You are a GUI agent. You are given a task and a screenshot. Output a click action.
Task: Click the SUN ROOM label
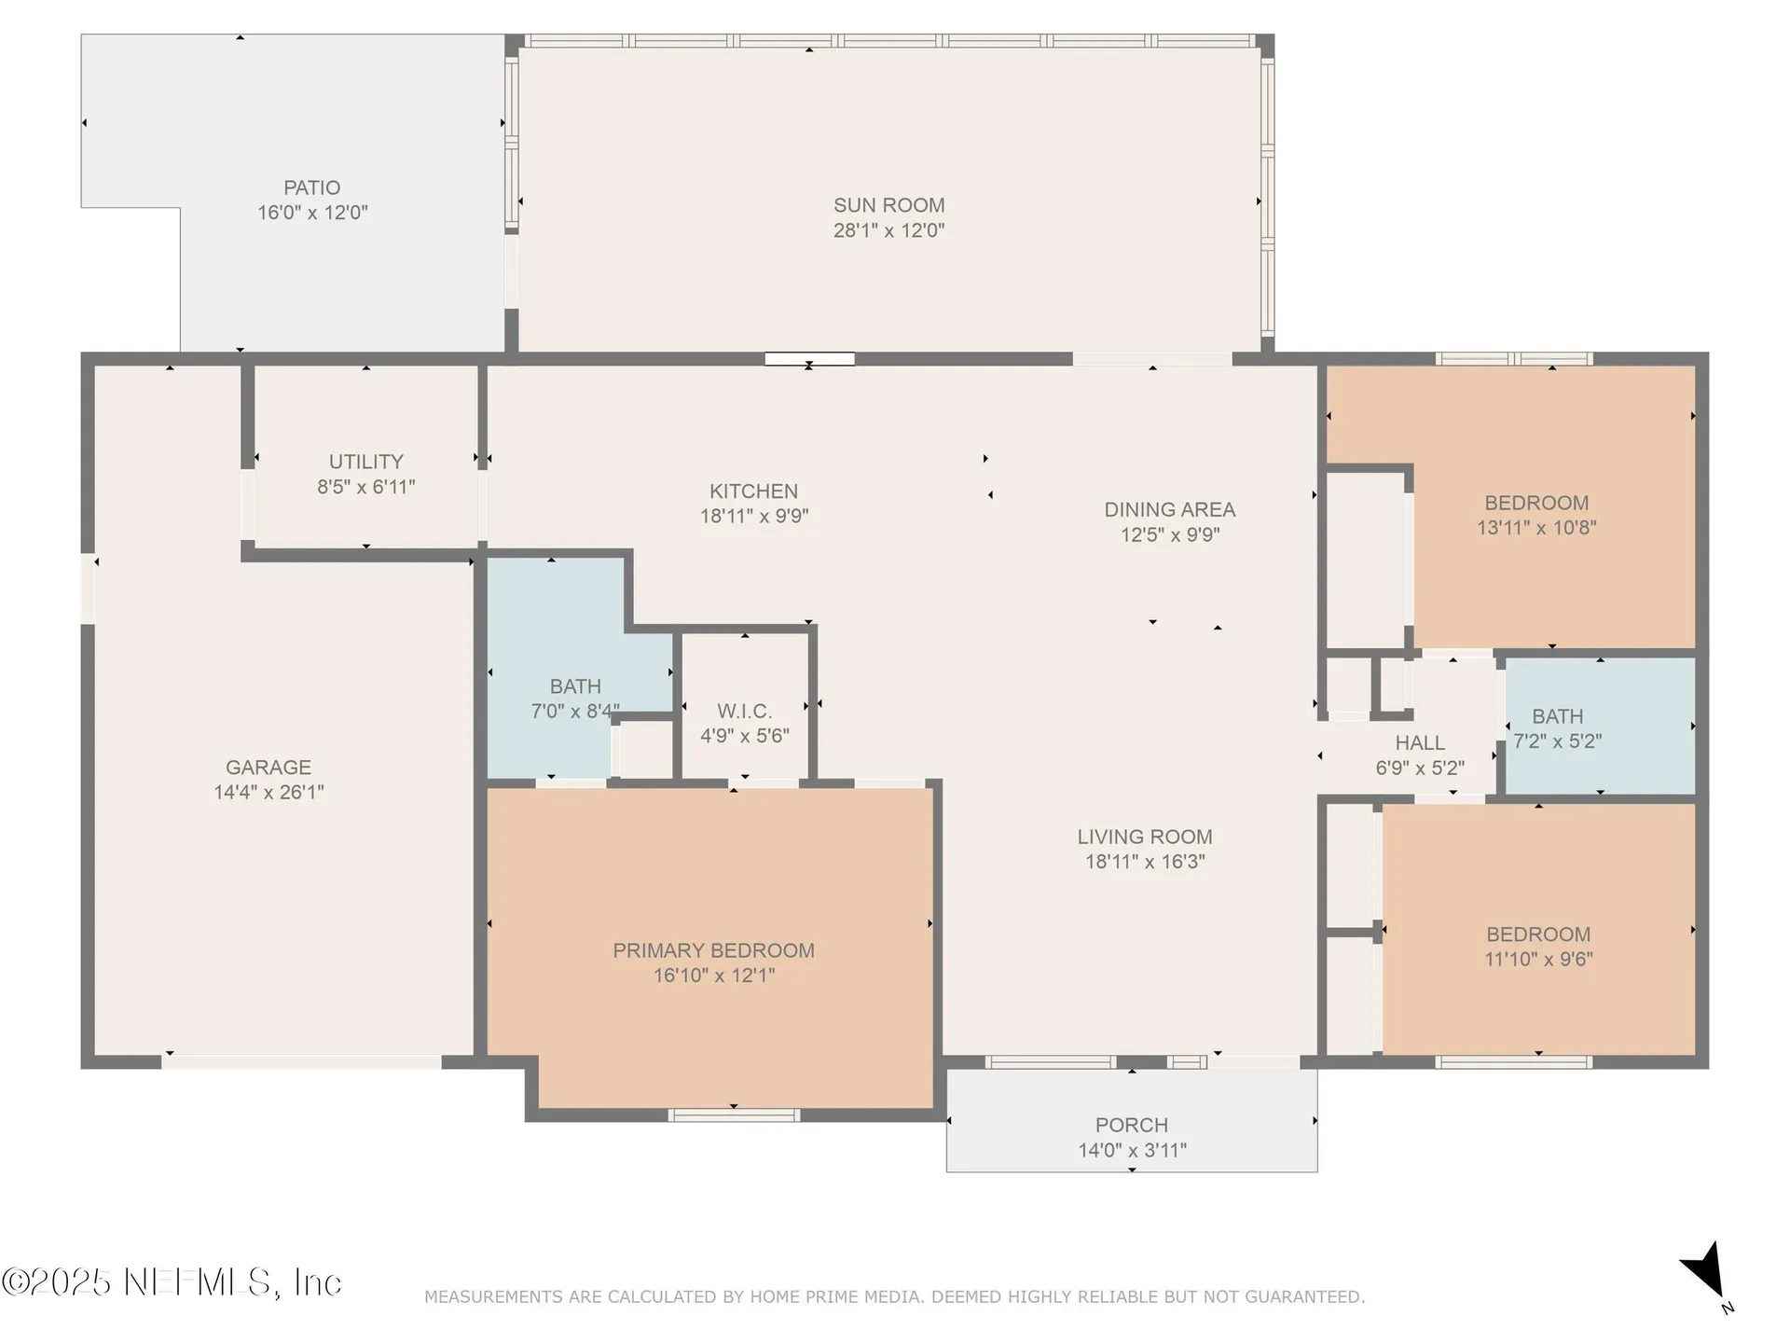[x=888, y=205]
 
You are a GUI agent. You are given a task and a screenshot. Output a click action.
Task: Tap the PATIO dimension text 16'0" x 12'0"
[x=312, y=213]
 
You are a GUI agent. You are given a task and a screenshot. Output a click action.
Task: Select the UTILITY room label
[x=366, y=462]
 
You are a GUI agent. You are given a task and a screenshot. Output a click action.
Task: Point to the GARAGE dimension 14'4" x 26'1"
[x=268, y=792]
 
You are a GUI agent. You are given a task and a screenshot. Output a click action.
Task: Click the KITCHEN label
[x=753, y=492]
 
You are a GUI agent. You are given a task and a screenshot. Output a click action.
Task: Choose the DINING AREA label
[x=1170, y=510]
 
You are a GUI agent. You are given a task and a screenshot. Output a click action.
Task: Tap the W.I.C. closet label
[x=744, y=712]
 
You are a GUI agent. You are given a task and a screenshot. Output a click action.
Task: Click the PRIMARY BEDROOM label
[x=713, y=950]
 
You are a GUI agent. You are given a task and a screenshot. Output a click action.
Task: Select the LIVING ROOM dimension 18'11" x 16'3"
[x=1145, y=862]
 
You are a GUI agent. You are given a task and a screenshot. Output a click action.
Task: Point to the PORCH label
[x=1132, y=1126]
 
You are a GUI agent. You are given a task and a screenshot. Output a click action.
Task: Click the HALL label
[x=1420, y=743]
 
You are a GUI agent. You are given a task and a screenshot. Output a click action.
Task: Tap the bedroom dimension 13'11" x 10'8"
[x=1536, y=528]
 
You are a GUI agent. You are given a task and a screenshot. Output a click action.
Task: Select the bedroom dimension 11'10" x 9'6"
[x=1538, y=959]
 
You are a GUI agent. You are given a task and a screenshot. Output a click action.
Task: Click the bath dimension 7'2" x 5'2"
[x=1557, y=741]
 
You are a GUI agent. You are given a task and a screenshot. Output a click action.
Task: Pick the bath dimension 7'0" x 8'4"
[x=575, y=712]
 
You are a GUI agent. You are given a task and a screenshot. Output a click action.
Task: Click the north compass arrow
[x=1706, y=1270]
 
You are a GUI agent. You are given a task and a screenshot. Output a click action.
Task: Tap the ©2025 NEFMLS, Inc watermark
[x=172, y=1282]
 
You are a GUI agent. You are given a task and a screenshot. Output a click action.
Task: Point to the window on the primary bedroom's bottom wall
[x=735, y=1115]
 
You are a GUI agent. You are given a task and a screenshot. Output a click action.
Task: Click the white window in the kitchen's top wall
[x=809, y=359]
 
